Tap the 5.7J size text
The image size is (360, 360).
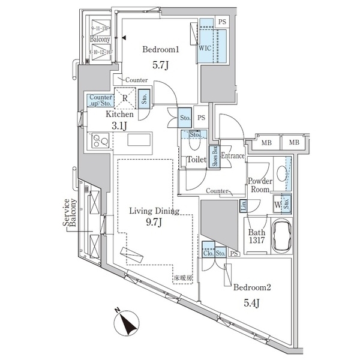click(159, 64)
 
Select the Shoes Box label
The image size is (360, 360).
click(212, 158)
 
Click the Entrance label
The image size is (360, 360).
click(233, 157)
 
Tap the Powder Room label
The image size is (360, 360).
click(261, 185)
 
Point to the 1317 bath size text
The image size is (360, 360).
click(256, 244)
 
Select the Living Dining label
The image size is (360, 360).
click(155, 211)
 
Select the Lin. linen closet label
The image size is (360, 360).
click(244, 206)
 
